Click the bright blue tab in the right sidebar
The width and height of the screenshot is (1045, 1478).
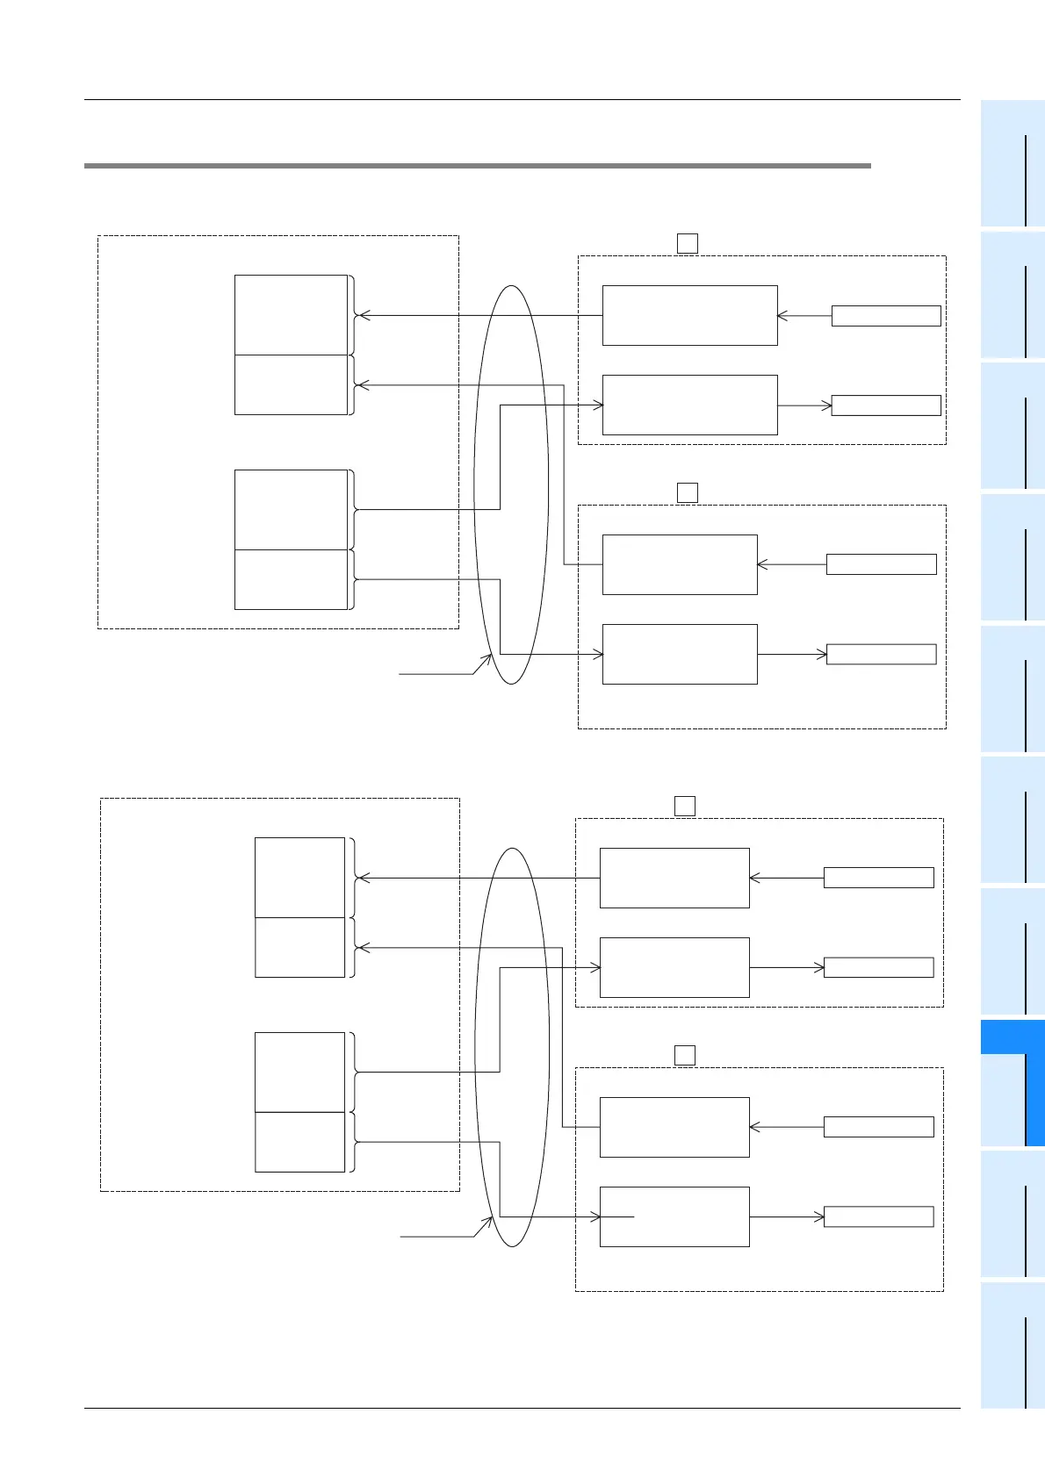pos(1012,1083)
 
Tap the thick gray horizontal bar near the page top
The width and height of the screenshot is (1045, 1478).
pos(477,165)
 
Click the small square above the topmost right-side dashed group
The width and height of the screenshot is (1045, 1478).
pos(688,243)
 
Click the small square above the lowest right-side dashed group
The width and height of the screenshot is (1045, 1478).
pos(685,1055)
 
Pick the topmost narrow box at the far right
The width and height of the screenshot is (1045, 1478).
pos(885,316)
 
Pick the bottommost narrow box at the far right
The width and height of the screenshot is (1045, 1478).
pos(878,1216)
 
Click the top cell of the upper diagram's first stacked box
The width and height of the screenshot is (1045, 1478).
pos(291,315)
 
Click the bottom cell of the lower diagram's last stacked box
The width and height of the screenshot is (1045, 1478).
pos(299,1142)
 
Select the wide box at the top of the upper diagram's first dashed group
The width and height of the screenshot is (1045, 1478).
pos(689,315)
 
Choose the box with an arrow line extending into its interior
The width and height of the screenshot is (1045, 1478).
pos(674,1216)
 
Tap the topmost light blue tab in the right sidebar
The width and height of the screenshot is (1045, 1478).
pos(1012,163)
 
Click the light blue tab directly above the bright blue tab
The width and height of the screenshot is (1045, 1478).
pos(1012,951)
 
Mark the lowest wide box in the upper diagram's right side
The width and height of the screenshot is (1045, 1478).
pos(680,654)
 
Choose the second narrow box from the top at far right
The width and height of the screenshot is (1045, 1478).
pos(885,405)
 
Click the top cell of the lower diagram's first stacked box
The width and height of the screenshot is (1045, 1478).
pos(299,878)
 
